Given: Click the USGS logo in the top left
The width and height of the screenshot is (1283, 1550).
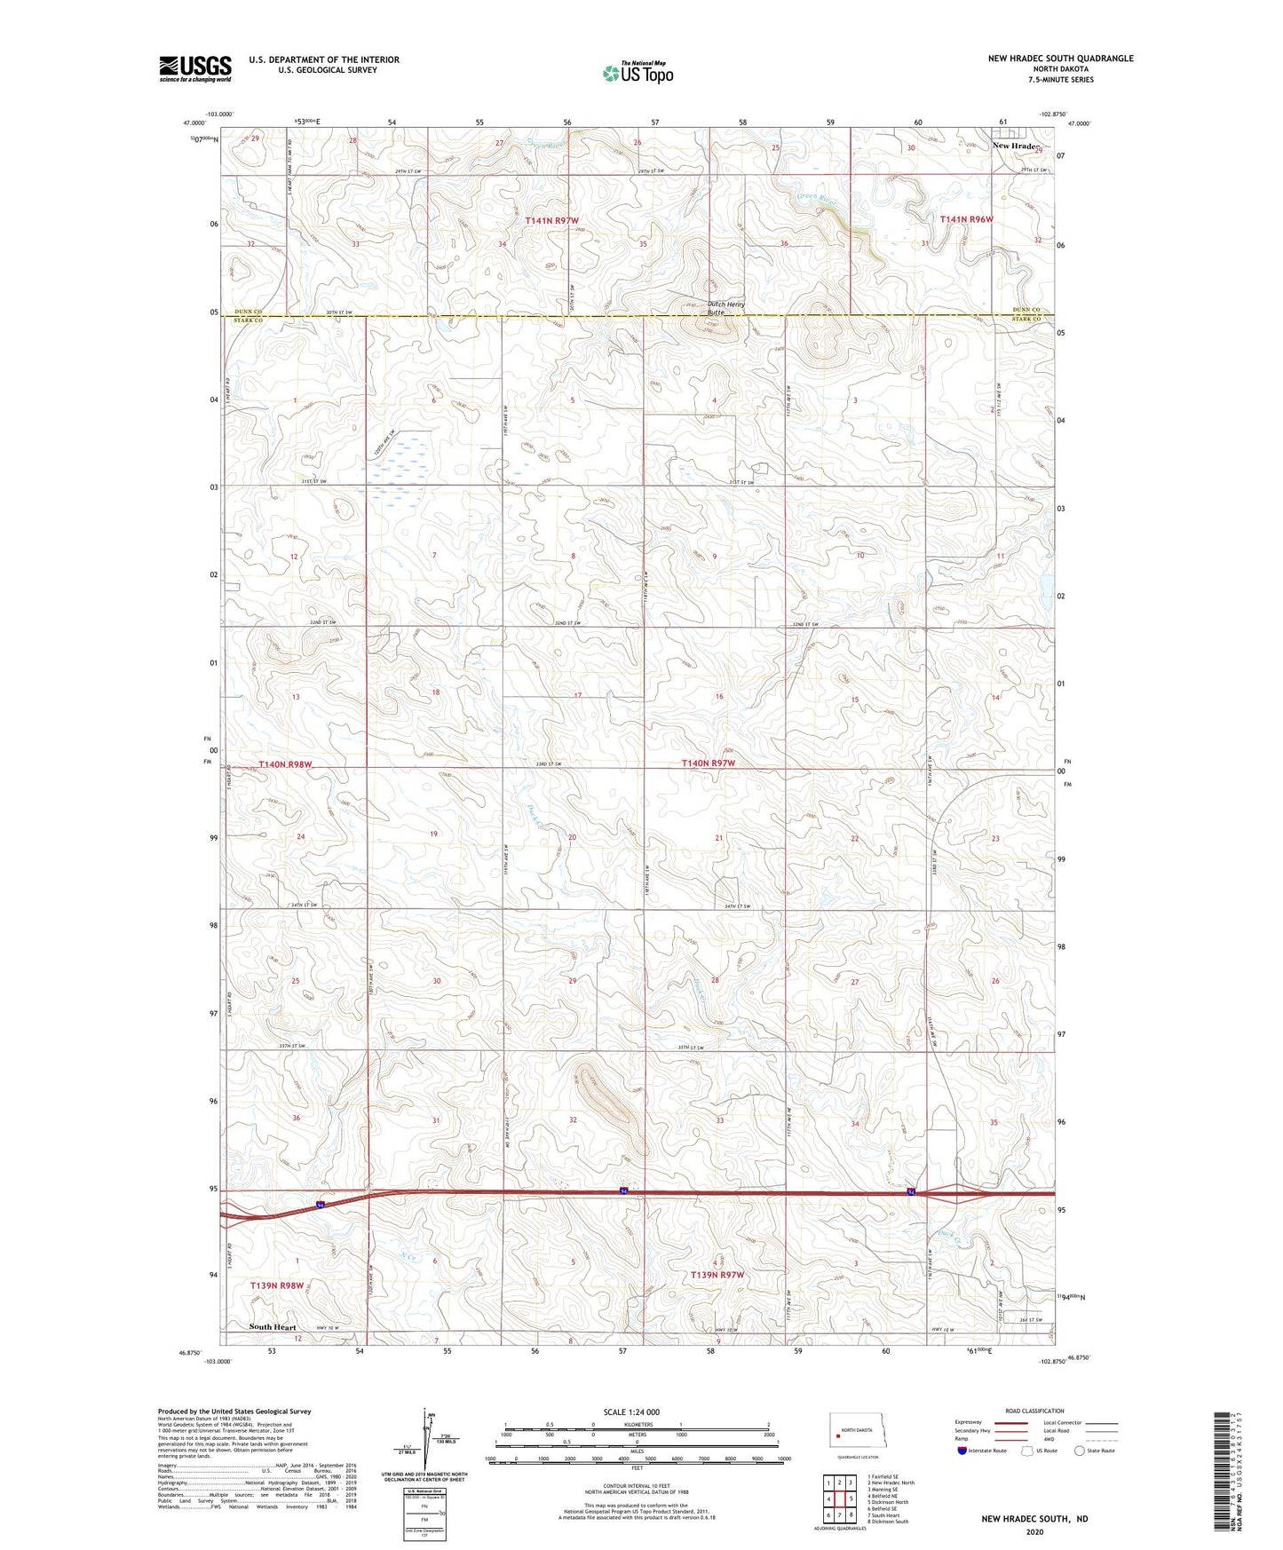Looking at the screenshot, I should (x=194, y=68).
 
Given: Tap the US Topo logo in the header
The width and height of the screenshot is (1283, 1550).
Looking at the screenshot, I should (x=638, y=73).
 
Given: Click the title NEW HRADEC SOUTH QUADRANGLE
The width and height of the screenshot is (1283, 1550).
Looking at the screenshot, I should (x=1060, y=59).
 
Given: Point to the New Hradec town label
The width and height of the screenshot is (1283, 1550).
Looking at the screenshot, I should (x=1016, y=146).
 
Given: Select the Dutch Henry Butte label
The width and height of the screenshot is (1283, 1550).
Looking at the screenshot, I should (x=725, y=308).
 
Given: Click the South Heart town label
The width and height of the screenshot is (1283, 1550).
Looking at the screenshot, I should (x=273, y=1327).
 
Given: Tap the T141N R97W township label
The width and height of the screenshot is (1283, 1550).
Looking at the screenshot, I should (x=551, y=219).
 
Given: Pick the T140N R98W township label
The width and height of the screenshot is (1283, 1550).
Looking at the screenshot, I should (x=286, y=764).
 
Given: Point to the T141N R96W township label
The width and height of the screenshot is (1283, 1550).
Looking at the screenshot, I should (x=967, y=218).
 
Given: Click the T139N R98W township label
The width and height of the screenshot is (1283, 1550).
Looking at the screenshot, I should (x=277, y=1285).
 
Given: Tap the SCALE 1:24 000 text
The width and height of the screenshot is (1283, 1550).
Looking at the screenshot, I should (x=631, y=1412).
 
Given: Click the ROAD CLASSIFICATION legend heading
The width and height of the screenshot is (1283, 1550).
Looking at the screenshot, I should (x=1034, y=1411).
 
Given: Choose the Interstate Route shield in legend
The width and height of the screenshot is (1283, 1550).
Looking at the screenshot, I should (x=963, y=1451).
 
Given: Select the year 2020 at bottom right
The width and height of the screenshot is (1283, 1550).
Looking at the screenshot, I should (x=1034, y=1531).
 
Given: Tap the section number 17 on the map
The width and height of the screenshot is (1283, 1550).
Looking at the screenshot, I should (x=578, y=695).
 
